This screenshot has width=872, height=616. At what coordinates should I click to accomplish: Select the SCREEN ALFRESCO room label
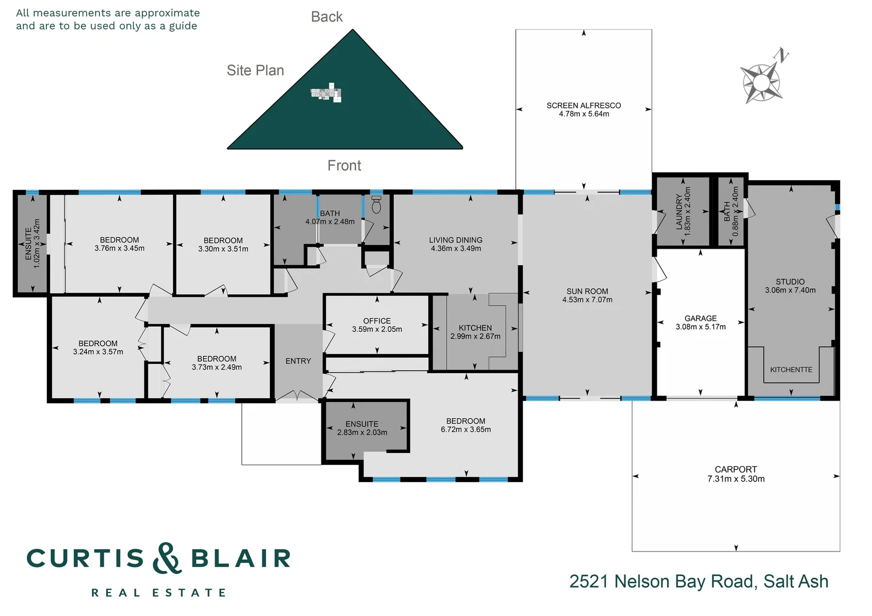point(583,106)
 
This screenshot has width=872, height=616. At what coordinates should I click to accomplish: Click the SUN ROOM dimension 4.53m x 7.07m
point(587,300)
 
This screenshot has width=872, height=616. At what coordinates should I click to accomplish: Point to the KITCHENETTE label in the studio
point(791,370)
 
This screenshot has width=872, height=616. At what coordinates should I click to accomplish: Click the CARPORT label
point(736,469)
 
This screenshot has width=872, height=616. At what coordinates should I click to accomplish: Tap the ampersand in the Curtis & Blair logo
point(167,558)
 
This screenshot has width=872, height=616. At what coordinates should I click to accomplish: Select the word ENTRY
point(298,361)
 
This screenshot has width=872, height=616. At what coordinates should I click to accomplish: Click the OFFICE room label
point(377,321)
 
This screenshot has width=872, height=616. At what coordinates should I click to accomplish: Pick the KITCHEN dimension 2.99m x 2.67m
point(475,337)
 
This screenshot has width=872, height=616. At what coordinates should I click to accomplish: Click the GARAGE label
point(700,318)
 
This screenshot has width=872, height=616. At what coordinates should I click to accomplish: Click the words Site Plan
point(255,70)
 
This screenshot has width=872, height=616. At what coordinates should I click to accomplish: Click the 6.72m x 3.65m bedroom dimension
point(466,429)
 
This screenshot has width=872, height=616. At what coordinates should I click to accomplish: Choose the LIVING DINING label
point(456,240)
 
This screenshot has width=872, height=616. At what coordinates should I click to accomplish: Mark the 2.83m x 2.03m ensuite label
point(362,432)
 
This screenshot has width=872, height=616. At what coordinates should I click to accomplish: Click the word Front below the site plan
point(344,165)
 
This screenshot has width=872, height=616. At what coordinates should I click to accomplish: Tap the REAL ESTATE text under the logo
point(159,593)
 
